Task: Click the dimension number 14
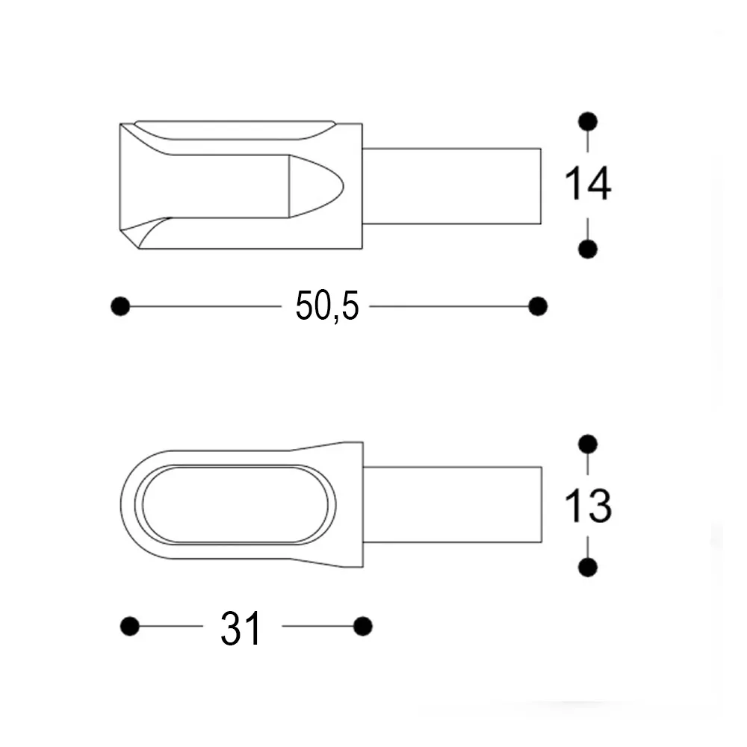(588, 185)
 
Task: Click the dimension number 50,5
(327, 306)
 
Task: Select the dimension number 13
(588, 506)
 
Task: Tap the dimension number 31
(241, 628)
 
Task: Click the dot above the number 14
(588, 121)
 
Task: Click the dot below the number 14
(588, 249)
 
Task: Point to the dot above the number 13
(588, 444)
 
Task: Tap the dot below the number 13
(588, 568)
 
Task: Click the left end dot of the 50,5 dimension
(120, 306)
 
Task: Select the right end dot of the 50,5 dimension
(537, 306)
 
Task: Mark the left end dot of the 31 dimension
(130, 626)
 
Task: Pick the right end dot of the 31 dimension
(363, 626)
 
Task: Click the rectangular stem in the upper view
(451, 185)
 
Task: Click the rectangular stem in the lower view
(452, 504)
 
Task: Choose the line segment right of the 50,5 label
(448, 306)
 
